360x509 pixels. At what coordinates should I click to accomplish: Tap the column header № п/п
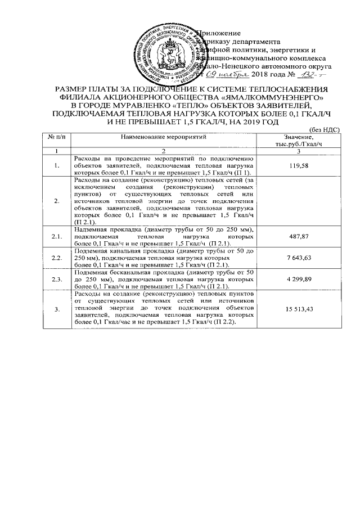pos(56,137)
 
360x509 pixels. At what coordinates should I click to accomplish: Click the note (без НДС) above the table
pos(322,129)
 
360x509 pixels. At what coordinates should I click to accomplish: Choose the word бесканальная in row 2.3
pos(133,288)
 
